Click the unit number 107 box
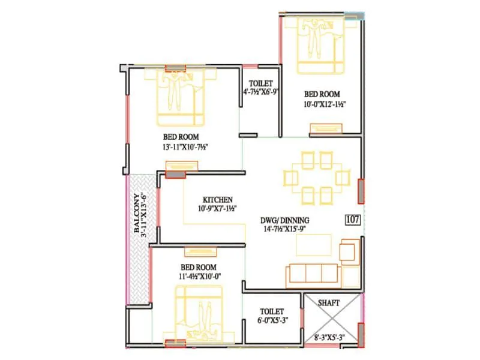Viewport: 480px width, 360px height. pos(353,220)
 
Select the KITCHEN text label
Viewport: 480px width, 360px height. pos(217,199)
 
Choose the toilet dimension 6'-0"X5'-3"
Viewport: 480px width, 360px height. pos(272,320)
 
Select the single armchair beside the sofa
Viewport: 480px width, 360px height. pos(349,251)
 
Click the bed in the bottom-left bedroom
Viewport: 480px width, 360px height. pos(199,314)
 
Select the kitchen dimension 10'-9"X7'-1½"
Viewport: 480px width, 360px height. pos(217,208)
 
